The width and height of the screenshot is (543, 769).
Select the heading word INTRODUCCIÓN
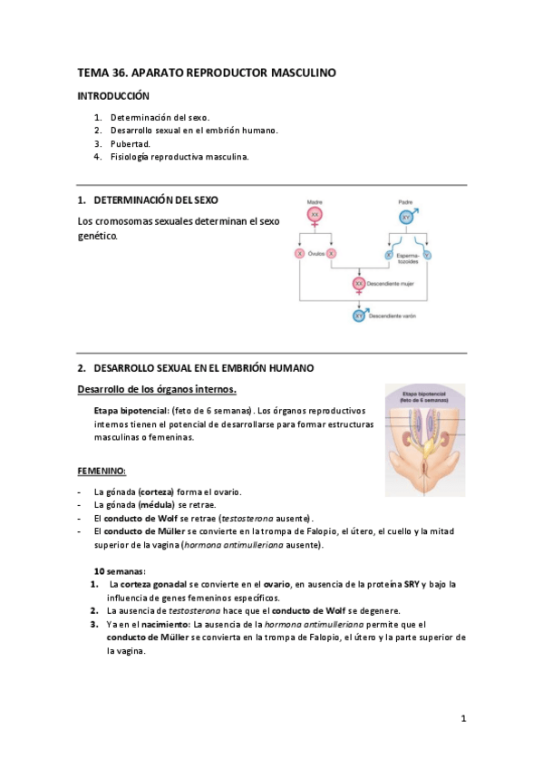click(112, 95)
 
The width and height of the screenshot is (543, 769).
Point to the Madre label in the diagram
click(315, 201)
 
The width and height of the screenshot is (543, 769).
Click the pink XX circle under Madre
click(315, 215)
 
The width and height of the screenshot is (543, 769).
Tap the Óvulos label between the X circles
click(315, 255)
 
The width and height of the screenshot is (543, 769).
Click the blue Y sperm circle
click(428, 255)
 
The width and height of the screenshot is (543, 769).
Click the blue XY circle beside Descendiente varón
click(360, 316)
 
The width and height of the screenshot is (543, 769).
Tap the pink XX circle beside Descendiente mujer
click(360, 284)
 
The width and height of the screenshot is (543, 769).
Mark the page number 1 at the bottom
click(463, 719)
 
